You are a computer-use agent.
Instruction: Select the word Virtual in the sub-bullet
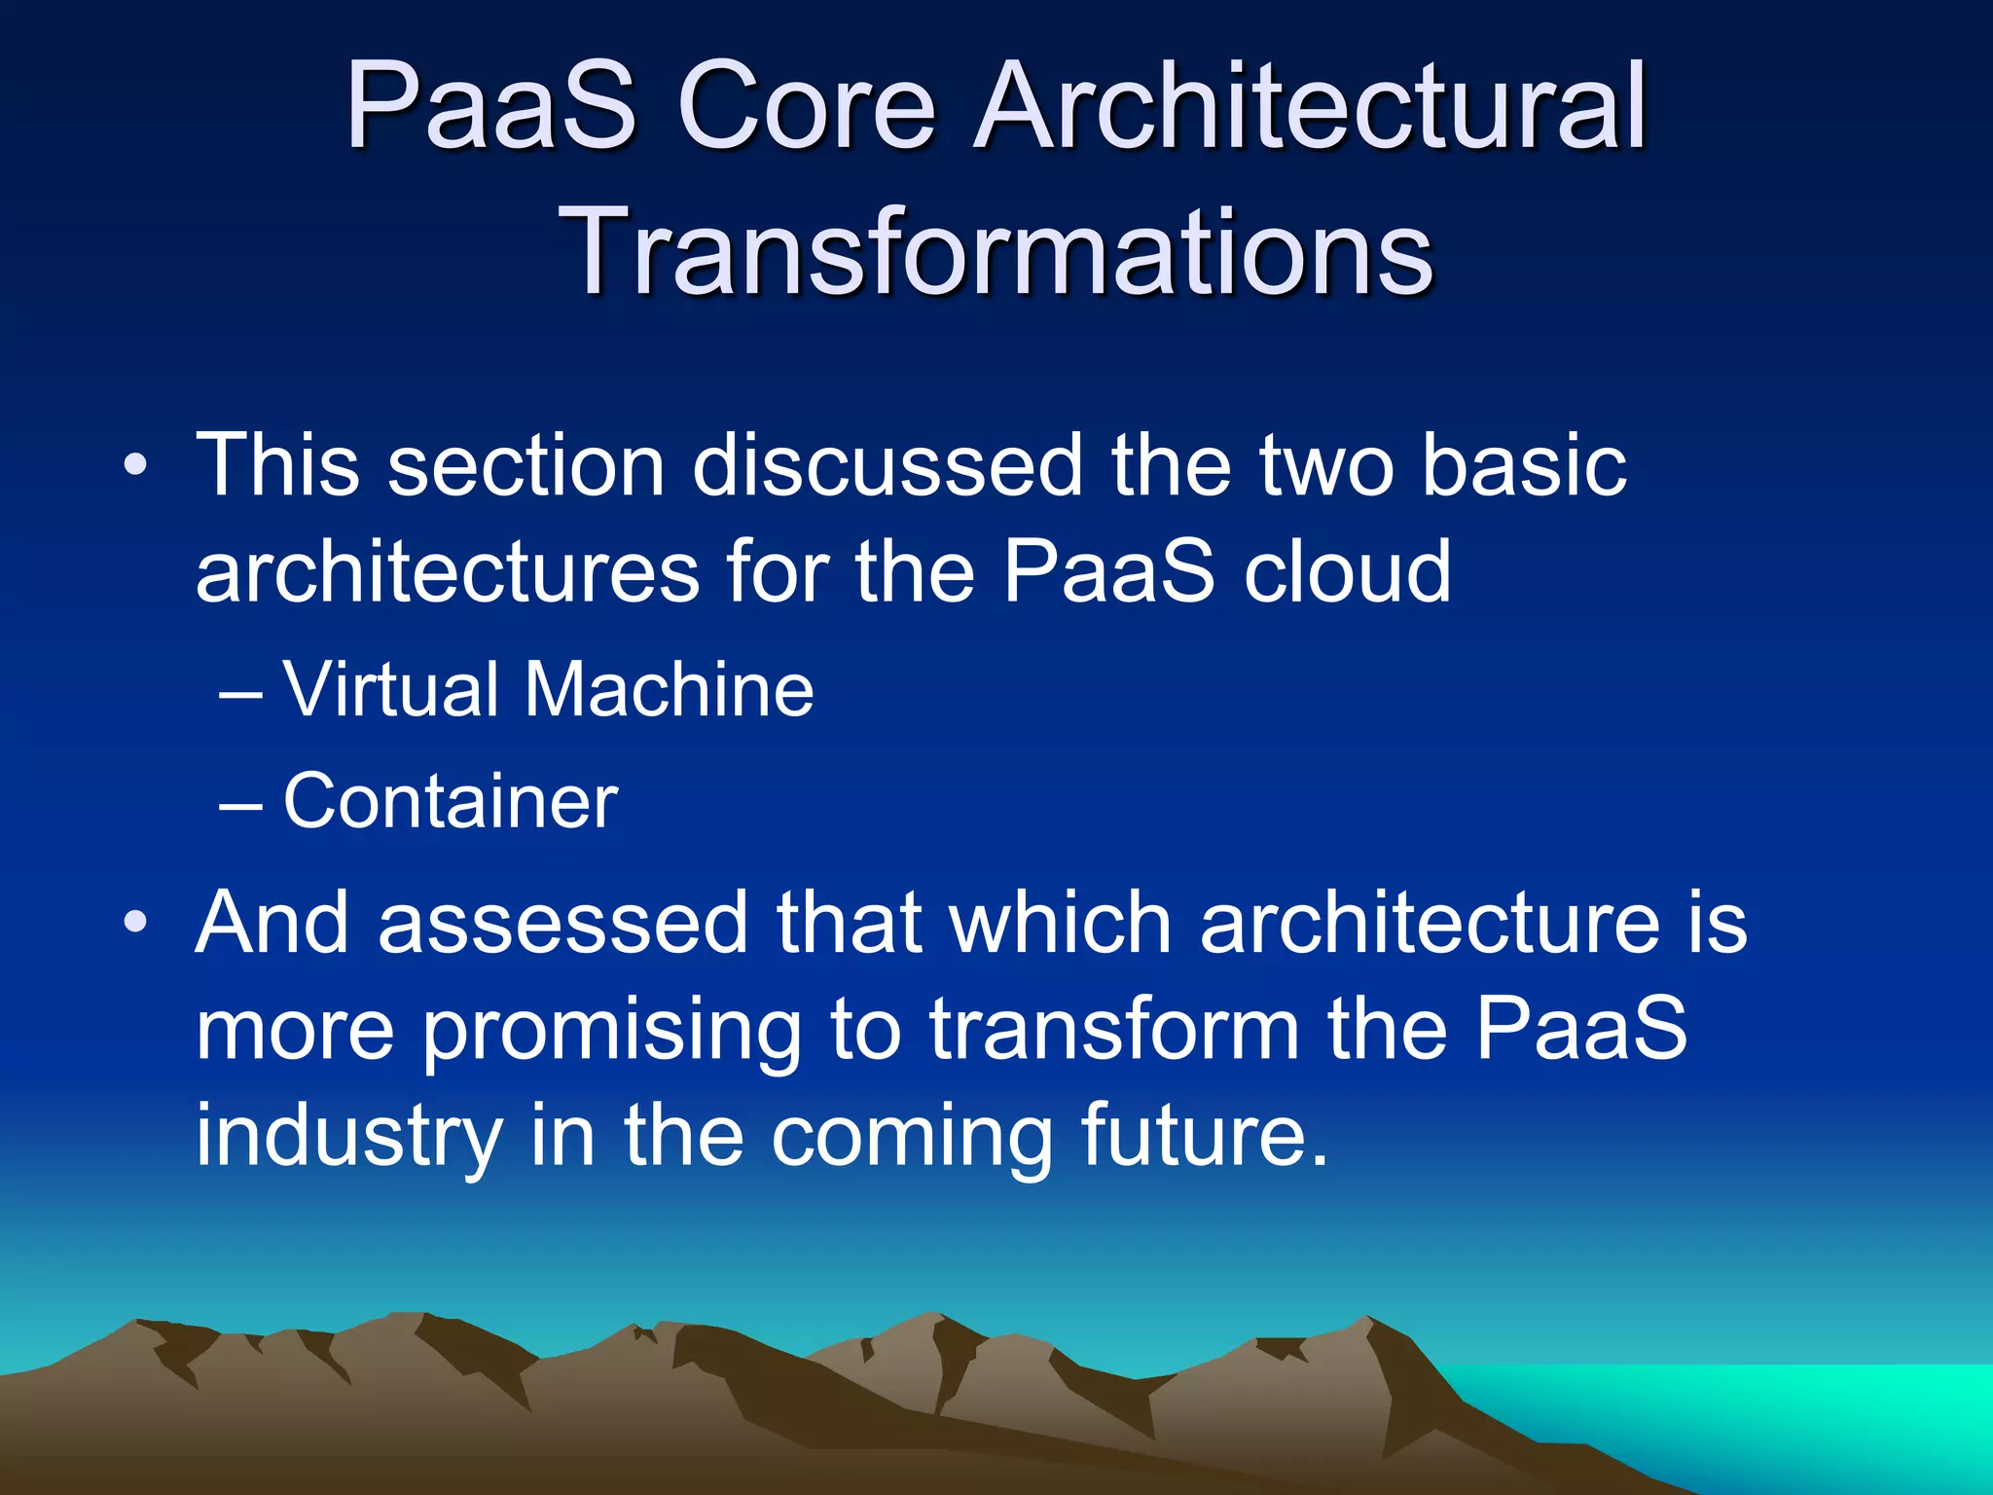click(x=390, y=689)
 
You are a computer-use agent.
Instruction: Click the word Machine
click(x=669, y=689)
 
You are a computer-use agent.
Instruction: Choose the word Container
click(x=450, y=801)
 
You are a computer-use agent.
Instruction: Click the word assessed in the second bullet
click(x=562, y=923)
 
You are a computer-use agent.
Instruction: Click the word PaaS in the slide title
click(x=491, y=106)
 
